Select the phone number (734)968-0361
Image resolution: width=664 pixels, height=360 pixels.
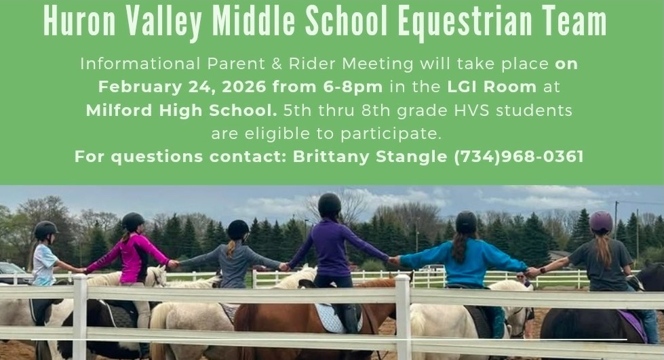(519, 157)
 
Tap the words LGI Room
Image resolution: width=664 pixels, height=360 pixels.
(492, 87)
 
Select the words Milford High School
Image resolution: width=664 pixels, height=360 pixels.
(181, 110)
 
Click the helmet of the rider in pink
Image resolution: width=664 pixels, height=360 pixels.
(133, 221)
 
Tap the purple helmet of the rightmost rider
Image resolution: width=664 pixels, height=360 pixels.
(601, 221)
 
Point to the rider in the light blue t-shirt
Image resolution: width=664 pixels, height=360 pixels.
(45, 261)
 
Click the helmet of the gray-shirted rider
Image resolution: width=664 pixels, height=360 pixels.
(238, 230)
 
